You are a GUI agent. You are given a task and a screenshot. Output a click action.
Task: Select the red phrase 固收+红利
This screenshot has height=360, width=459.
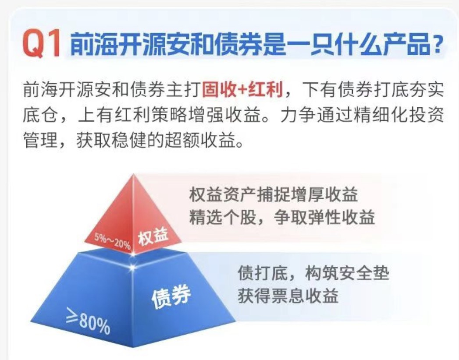[243, 89]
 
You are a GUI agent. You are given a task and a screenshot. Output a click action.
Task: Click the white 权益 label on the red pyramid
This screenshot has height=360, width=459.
[153, 237]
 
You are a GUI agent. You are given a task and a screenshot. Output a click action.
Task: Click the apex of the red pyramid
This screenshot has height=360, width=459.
[133, 175]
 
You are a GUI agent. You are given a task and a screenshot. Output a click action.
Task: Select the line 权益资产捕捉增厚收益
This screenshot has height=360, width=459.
[274, 194]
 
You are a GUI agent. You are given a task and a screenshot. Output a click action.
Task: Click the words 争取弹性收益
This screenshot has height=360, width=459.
[324, 217]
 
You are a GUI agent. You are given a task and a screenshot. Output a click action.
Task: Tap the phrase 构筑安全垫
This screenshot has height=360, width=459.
[347, 273]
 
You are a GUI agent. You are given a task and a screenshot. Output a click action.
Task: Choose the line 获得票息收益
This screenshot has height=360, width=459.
[288, 296]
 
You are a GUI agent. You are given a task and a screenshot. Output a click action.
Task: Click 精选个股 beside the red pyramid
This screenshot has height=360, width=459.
[222, 217]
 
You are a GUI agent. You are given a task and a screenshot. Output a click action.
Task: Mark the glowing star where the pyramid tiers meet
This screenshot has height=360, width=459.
[132, 267]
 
